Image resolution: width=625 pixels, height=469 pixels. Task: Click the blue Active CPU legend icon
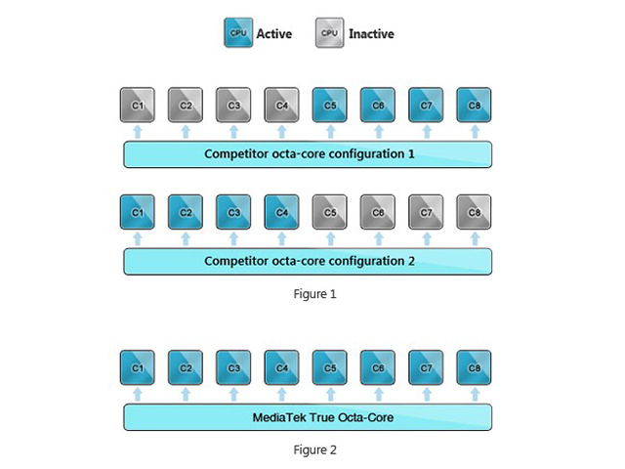coord(238,32)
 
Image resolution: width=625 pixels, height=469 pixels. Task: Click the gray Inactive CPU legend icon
coord(330,32)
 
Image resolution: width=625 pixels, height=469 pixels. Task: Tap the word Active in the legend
coord(274,34)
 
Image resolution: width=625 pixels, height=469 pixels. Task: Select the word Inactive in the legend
coord(371,34)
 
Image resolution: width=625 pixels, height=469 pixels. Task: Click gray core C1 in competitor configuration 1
coord(138,105)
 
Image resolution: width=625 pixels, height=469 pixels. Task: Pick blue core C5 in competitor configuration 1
coord(330,105)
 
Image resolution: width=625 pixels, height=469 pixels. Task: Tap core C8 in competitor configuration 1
coord(474,105)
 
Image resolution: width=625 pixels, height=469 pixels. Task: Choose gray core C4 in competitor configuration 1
coord(281,105)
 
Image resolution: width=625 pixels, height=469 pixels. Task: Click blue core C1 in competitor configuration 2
coord(138,212)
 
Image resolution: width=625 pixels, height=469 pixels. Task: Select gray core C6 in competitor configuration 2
coord(378,212)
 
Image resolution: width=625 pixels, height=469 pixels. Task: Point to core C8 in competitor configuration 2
coord(474,212)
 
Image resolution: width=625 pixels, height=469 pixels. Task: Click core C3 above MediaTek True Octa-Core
coord(233,367)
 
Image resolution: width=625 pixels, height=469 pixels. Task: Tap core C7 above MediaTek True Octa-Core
coord(426,367)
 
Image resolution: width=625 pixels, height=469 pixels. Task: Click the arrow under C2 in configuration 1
coord(186,132)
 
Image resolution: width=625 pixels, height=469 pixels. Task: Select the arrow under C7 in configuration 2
coord(427,238)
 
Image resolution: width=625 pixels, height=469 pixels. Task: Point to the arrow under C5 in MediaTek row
coord(330,395)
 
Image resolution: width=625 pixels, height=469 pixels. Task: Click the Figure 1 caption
coord(314,294)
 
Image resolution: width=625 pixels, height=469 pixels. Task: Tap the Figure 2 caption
coord(314,449)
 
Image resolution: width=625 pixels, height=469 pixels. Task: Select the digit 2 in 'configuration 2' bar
coord(411,261)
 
